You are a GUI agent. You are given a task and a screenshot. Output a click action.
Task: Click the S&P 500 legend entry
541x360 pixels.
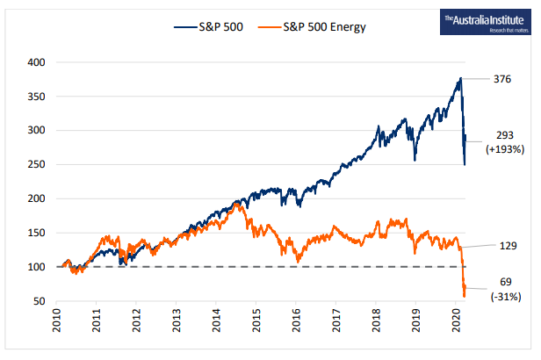(x=215, y=26)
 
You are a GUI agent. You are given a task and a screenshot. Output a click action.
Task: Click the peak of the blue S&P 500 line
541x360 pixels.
(x=461, y=79)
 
